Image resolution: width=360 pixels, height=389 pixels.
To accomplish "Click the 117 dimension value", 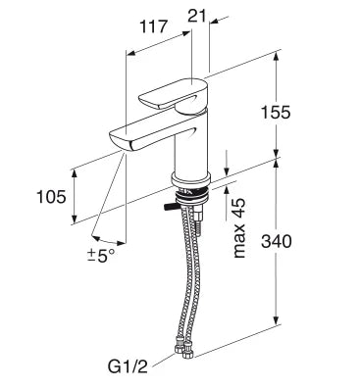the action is point(153,26).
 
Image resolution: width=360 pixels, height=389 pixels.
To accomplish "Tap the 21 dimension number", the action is point(197,16).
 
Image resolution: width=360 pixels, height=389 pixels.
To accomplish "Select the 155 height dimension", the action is point(276,113).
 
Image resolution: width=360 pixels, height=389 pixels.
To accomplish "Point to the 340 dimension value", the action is point(277,242).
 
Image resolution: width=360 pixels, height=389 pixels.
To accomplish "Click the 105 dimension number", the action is point(51,197).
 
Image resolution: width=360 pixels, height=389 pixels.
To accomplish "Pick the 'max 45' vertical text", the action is point(239,227).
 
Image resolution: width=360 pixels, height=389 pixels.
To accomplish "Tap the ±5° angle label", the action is point(101,255).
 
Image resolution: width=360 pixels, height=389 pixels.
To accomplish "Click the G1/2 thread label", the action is point(128,367).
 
